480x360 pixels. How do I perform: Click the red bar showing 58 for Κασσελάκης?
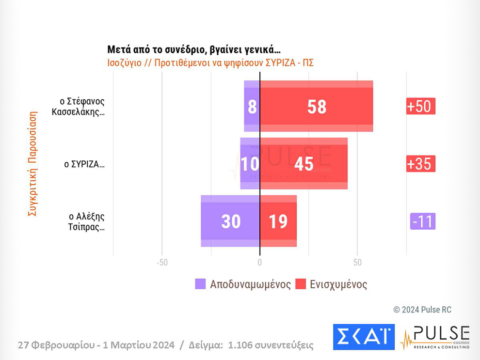click(316, 107)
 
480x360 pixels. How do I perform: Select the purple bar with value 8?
click(252, 107)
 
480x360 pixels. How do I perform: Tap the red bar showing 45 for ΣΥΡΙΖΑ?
click(304, 164)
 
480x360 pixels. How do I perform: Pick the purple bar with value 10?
click(250, 164)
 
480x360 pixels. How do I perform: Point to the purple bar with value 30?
click(231, 221)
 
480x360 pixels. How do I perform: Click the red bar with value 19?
click(278, 221)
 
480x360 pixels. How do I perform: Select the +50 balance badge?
click(420, 106)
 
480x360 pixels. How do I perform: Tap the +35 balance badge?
click(420, 164)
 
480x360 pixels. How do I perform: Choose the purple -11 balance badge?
click(422, 221)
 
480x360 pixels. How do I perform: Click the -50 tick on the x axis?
click(162, 263)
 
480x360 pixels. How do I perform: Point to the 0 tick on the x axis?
click(260, 263)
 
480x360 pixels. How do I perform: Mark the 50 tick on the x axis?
click(357, 263)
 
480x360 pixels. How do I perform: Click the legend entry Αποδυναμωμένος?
click(243, 284)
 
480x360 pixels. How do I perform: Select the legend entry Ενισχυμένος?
click(332, 284)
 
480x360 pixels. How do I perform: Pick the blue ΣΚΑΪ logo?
click(364, 337)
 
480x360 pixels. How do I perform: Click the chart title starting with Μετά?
click(194, 50)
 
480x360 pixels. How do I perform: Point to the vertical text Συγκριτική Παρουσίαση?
click(32, 165)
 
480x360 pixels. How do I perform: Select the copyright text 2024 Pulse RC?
click(422, 310)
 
